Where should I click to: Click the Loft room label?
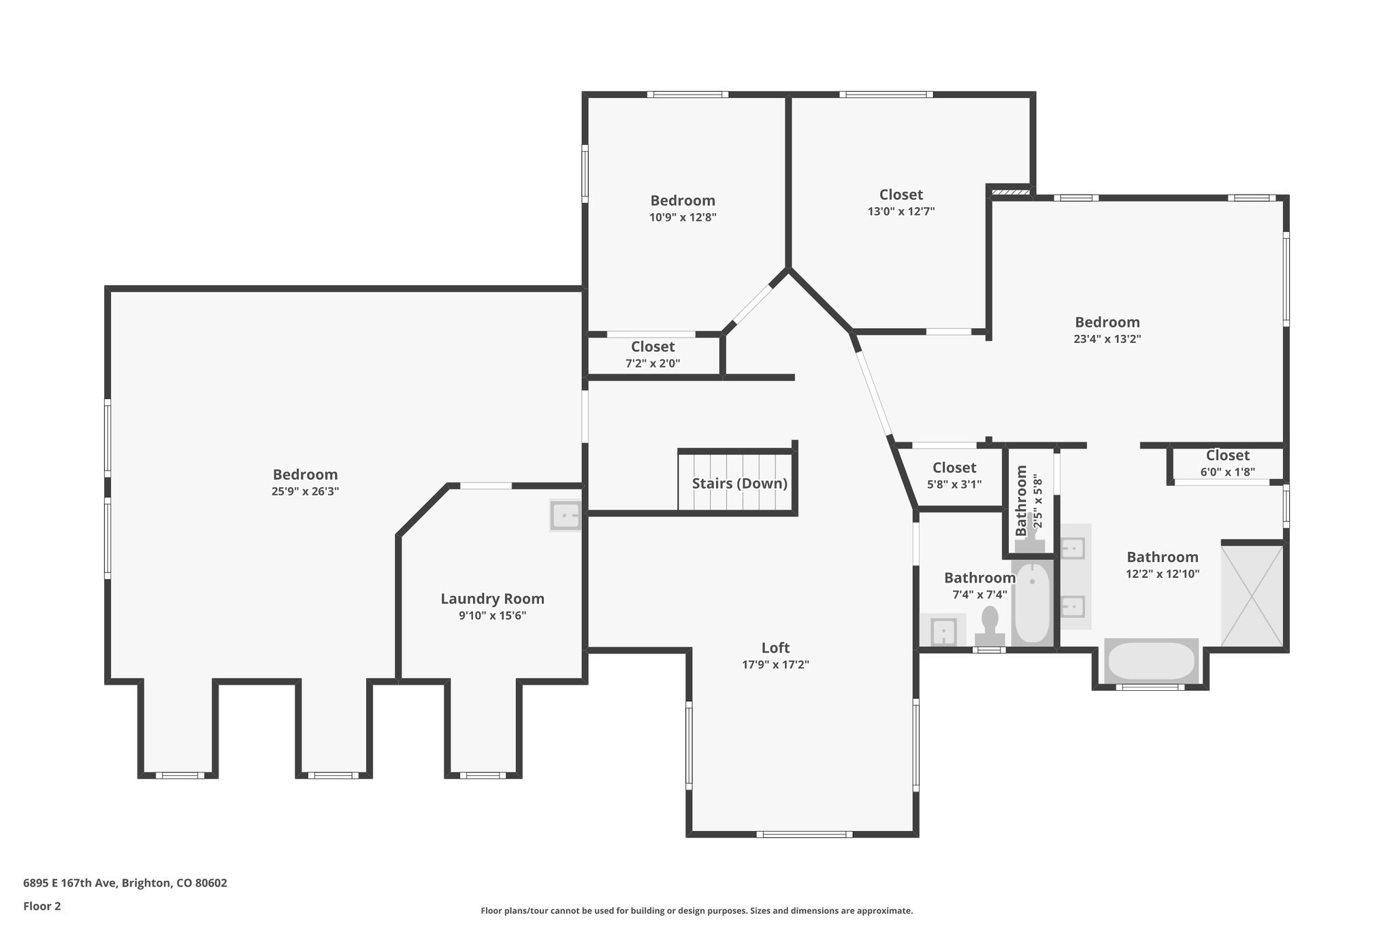coord(775,648)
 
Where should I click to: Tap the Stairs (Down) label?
coord(739,484)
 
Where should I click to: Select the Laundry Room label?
coord(492,599)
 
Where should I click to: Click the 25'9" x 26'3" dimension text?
coord(305,491)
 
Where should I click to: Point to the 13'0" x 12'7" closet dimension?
coord(901,212)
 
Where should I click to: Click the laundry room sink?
coord(566,515)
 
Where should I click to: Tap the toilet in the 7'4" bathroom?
coord(990,625)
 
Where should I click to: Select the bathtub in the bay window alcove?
coord(1150,661)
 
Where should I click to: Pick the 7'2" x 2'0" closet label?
coord(653,355)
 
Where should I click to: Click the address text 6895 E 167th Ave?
coord(125,883)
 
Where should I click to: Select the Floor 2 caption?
coord(42,907)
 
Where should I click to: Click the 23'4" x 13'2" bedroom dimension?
coord(1107,339)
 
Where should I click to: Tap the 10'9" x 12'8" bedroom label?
coord(683,208)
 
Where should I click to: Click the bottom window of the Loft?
coord(804,834)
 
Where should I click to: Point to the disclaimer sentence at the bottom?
coord(696,911)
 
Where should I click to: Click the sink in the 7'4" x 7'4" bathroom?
coord(943,631)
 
